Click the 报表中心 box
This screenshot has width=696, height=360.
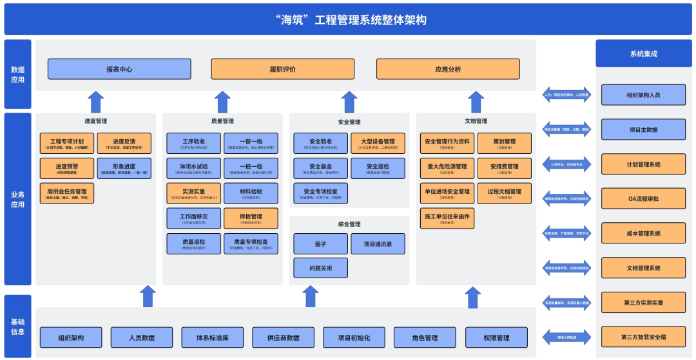click(119, 69)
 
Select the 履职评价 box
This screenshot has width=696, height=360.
click(283, 69)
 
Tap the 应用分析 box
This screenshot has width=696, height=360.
click(448, 69)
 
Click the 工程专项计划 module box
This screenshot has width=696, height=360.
click(67, 143)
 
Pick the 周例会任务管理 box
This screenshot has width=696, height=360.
click(67, 193)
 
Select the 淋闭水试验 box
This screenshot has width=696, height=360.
click(194, 168)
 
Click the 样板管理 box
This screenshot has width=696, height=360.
click(251, 218)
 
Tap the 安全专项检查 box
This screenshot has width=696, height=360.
click(320, 193)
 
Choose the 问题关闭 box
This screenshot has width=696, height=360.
click(320, 267)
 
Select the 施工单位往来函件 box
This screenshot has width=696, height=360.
click(447, 218)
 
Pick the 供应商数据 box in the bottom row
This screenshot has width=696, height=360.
click(284, 337)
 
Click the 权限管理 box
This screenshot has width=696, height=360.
click(496, 337)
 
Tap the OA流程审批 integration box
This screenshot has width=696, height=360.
click(643, 198)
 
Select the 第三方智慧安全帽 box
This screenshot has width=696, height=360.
click(643, 337)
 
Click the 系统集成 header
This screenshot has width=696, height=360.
click(643, 53)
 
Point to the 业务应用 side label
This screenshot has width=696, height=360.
click(17, 199)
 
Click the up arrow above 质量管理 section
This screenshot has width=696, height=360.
click(222, 102)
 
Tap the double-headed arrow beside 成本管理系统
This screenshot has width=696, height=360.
click(566, 234)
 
